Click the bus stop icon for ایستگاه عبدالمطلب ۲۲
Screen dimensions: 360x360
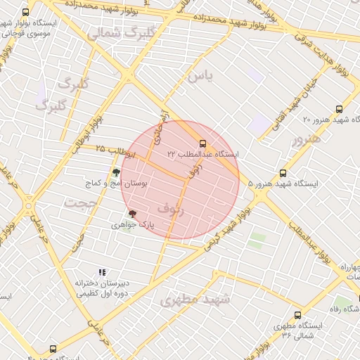click(x=203, y=143)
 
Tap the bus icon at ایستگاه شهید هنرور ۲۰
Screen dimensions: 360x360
click(x=340, y=109)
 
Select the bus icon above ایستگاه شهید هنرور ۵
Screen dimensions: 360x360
click(x=283, y=173)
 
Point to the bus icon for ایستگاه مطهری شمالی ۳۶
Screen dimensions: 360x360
click(x=297, y=316)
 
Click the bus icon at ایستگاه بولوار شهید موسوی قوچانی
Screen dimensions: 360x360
click(x=26, y=12)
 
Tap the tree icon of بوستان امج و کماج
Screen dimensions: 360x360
click(x=116, y=172)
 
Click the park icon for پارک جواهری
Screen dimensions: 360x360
click(x=131, y=214)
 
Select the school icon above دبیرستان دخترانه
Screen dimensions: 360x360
click(x=103, y=272)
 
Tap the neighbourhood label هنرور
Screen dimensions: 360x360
click(x=306, y=139)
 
